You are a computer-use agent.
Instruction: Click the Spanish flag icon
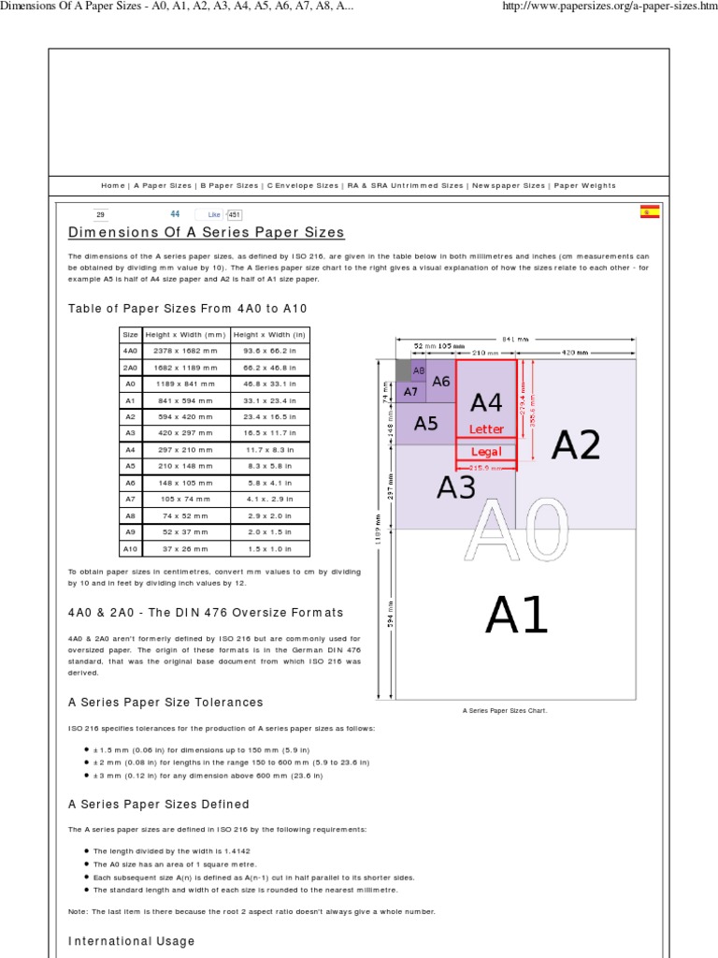click(649, 212)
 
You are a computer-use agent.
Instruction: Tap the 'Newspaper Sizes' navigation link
click(508, 186)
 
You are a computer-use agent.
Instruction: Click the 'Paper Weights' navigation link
click(584, 186)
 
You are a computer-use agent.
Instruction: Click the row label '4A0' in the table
click(130, 351)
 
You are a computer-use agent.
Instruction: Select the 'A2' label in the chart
click(575, 446)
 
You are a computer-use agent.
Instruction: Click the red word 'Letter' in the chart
click(486, 429)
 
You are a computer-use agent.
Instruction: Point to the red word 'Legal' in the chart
click(486, 452)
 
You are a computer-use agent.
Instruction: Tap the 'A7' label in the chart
click(410, 392)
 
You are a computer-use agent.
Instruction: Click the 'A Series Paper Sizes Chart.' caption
click(505, 710)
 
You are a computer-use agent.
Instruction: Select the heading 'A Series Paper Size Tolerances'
click(165, 702)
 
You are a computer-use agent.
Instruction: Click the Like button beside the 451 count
click(213, 214)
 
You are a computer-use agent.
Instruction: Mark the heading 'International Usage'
click(132, 940)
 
